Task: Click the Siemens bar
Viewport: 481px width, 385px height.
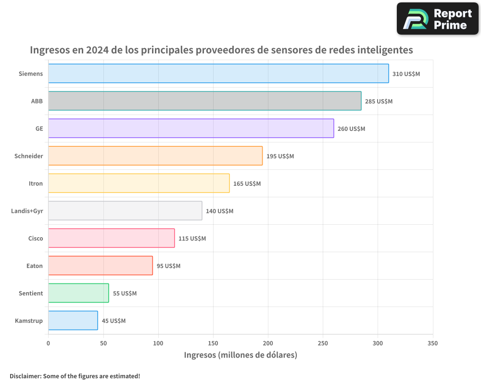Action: click(218, 74)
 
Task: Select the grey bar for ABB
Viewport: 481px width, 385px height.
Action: click(204, 101)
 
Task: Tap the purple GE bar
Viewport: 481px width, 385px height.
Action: click(191, 128)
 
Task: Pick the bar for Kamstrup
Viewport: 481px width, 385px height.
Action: click(73, 321)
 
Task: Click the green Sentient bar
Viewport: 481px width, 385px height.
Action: click(78, 293)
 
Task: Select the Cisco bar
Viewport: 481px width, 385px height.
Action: click(111, 238)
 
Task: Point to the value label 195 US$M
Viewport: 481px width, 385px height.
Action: click(280, 156)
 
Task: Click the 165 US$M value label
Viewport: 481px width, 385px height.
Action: click(247, 184)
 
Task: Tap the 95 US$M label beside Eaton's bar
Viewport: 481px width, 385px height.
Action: click(168, 266)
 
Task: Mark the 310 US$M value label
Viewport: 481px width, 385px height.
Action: click(406, 74)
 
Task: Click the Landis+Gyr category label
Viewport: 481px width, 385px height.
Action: click(27, 211)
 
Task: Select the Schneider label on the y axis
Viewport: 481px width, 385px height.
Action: click(29, 156)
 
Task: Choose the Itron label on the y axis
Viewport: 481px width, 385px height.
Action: click(36, 183)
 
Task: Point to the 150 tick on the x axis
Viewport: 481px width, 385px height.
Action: click(213, 343)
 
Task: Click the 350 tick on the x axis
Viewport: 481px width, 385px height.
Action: click(432, 343)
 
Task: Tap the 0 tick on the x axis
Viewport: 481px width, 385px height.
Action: click(48, 343)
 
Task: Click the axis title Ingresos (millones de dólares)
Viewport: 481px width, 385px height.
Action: click(240, 355)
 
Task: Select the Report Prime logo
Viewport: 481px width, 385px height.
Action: click(437, 19)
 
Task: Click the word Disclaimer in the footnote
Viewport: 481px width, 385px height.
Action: click(25, 376)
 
